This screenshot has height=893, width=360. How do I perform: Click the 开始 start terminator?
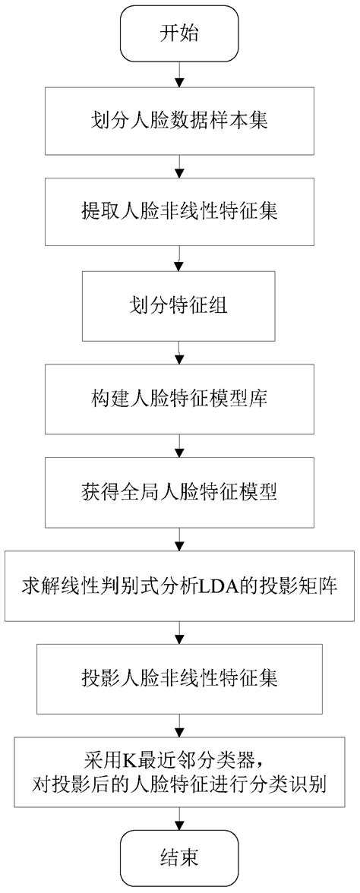[179, 32]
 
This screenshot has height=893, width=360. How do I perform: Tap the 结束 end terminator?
[179, 862]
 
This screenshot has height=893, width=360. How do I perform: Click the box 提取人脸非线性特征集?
[179, 213]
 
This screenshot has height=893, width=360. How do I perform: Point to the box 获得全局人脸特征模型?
[179, 492]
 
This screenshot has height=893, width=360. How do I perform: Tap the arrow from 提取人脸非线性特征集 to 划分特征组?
[179, 259]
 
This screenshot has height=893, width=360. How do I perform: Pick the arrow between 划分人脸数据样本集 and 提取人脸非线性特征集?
[179, 167]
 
